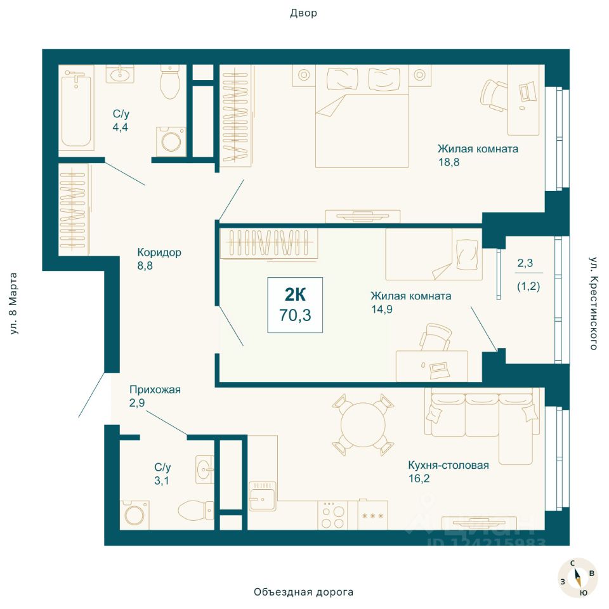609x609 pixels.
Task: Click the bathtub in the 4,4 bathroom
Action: [x=76, y=108]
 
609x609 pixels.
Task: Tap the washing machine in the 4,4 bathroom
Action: [x=171, y=141]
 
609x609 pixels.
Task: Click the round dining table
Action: [x=363, y=424]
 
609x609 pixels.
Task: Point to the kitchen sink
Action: [x=263, y=495]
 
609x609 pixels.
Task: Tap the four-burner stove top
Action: [x=333, y=515]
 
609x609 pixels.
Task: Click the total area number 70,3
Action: [x=295, y=315]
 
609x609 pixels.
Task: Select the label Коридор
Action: [x=159, y=252]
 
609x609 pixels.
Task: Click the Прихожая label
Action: [x=155, y=389]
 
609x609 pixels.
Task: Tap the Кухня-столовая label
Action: [x=449, y=465]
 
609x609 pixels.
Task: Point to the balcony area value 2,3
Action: [x=525, y=263]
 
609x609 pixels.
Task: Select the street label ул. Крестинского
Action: [x=593, y=303]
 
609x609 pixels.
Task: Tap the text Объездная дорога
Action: [x=304, y=592]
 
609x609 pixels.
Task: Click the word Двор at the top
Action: [x=304, y=13]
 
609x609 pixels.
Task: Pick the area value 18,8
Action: [x=449, y=162]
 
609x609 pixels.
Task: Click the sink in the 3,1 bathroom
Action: [x=205, y=469]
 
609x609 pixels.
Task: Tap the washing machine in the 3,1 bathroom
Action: [x=134, y=515]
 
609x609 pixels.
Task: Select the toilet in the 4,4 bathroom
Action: [x=170, y=82]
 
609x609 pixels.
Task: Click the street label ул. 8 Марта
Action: [x=13, y=304]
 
